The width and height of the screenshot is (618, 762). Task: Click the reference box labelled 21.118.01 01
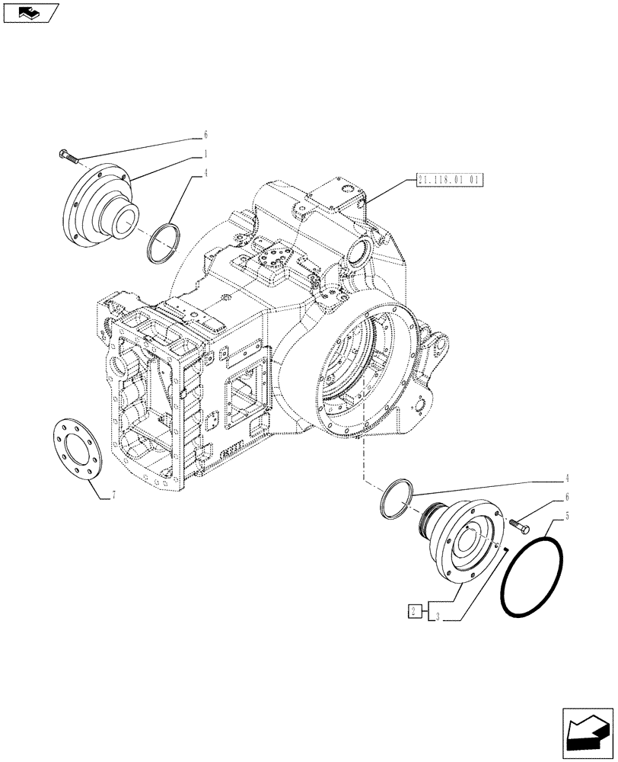click(451, 181)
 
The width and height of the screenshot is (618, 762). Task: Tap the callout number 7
click(113, 496)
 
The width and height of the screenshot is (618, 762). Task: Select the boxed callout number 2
click(413, 610)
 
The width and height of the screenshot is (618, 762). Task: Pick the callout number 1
click(205, 154)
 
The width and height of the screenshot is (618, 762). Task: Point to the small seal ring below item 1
click(162, 243)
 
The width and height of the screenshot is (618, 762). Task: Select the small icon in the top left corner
click(30, 13)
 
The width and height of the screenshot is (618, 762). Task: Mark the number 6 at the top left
click(205, 135)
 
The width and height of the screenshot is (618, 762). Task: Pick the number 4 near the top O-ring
click(205, 173)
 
